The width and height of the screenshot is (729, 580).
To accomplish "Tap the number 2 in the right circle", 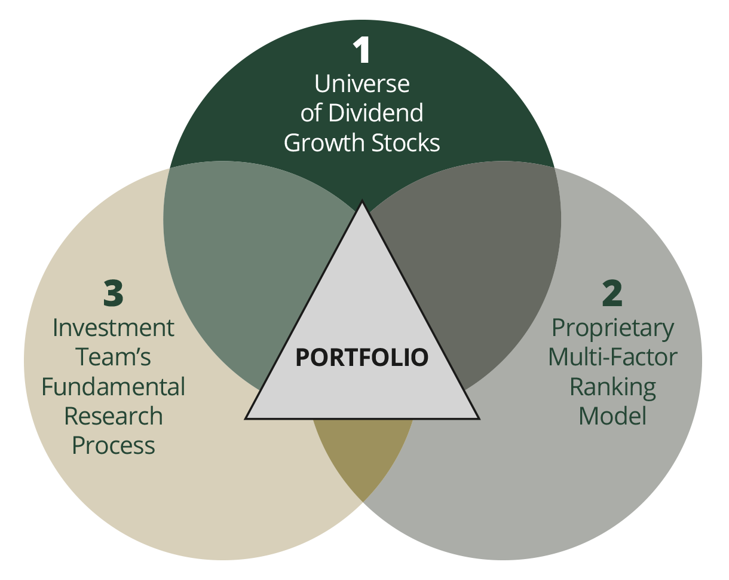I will [612, 293].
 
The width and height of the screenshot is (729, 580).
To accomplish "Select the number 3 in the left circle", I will [113, 293].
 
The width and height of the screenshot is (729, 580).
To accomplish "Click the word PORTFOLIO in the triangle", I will [362, 357].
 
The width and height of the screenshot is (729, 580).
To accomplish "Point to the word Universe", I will [362, 84].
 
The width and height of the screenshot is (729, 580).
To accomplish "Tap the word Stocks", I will [407, 143].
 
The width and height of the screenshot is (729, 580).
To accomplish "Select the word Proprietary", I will [612, 328].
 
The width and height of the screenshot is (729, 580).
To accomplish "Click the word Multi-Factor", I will [612, 357].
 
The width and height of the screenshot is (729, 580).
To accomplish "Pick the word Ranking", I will [612, 386].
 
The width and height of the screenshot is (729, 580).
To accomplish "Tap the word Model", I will [612, 416].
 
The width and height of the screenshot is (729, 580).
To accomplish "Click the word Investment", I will [114, 328].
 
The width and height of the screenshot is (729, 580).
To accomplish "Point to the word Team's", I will [114, 357].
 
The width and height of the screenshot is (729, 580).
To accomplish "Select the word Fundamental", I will [114, 387].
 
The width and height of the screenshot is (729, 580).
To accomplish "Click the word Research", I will [114, 416].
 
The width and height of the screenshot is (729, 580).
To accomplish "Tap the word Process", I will [114, 445].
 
